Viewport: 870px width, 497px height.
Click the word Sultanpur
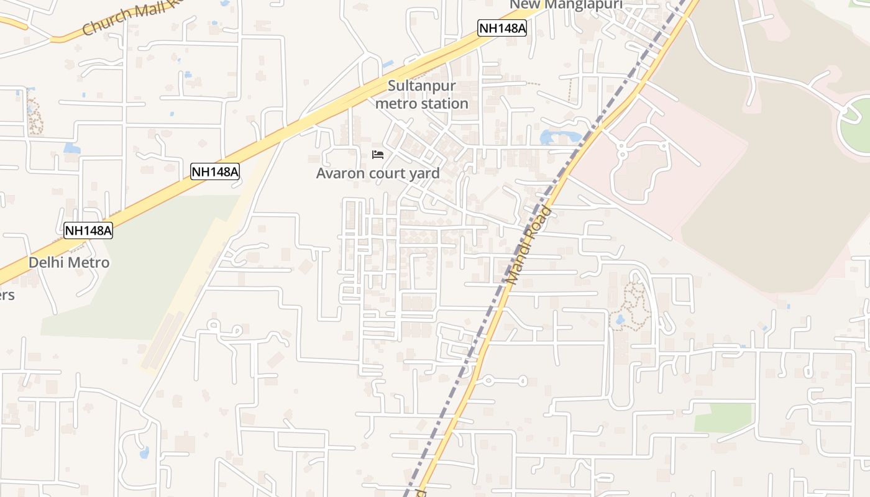click(x=421, y=86)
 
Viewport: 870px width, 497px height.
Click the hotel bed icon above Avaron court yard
click(x=378, y=154)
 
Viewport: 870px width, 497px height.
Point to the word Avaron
click(x=341, y=173)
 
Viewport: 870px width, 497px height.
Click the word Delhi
click(x=45, y=263)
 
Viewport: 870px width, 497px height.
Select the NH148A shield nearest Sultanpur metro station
click(x=502, y=28)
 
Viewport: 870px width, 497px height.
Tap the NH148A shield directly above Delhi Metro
click(x=88, y=230)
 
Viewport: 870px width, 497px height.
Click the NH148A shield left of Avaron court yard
click(x=214, y=171)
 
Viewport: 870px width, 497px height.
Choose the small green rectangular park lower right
click(x=723, y=417)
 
